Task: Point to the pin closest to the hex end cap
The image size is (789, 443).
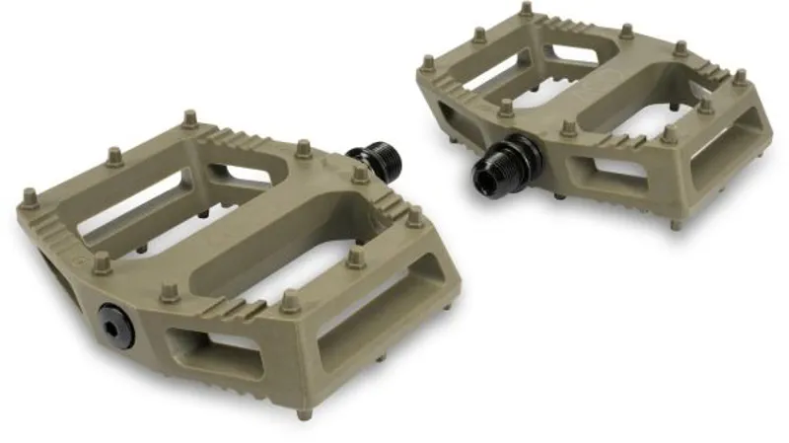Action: tap(169, 293)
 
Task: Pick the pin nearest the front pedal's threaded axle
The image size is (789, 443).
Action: tap(361, 174)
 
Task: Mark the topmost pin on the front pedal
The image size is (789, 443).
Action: tap(188, 119)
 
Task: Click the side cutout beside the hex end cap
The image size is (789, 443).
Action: tap(211, 344)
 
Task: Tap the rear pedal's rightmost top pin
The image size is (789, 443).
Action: tap(740, 77)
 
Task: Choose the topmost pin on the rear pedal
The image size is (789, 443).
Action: tap(526, 11)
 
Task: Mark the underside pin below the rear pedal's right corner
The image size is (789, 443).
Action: tap(677, 224)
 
